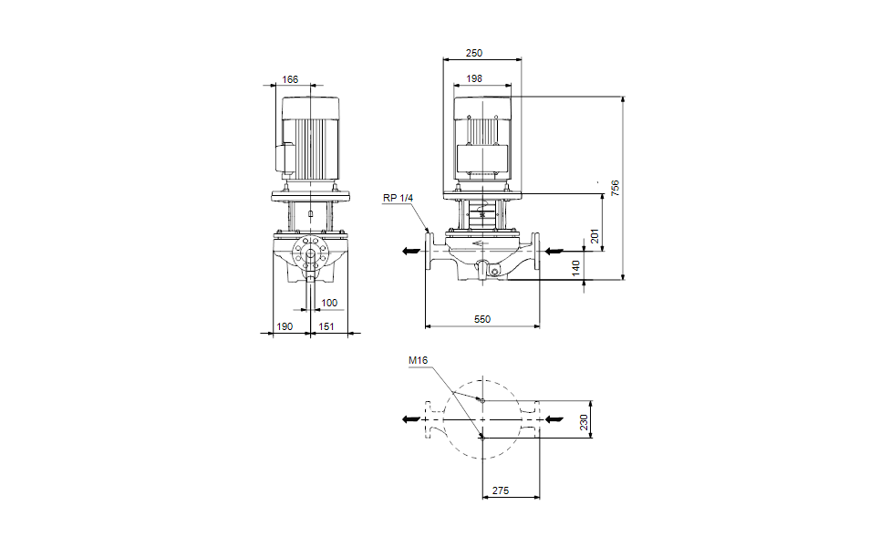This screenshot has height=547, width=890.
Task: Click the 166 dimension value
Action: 290,80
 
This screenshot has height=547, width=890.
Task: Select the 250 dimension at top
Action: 474,54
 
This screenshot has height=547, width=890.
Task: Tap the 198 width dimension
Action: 474,79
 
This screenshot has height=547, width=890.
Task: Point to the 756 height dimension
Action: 616,188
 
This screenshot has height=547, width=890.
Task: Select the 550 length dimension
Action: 482,319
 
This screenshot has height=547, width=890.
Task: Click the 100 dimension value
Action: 329,303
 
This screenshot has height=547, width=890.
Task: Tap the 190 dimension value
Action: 285,326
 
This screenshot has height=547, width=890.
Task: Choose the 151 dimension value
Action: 326,326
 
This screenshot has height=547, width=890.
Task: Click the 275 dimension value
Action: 501,491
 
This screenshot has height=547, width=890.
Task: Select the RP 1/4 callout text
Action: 398,198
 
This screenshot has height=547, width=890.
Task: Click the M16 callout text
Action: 418,361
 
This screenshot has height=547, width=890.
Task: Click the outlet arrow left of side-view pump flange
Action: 408,249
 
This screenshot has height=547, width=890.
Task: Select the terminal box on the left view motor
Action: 285,157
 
